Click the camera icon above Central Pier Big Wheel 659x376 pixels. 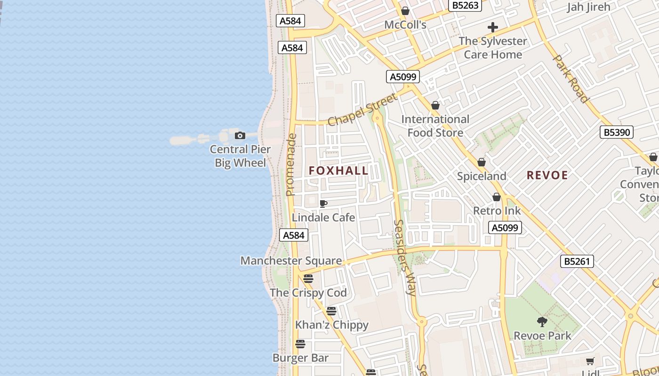[x=240, y=136]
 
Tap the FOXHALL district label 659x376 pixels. [x=339, y=171]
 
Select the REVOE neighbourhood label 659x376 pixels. [x=547, y=175]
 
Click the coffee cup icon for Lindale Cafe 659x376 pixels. [x=323, y=204]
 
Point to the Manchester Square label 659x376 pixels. [x=291, y=261]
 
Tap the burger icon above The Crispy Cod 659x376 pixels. [x=308, y=279]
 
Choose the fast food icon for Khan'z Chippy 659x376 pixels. [x=331, y=311]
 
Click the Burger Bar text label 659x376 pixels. [x=300, y=358]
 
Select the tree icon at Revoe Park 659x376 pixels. [x=542, y=322]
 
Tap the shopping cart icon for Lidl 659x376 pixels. [x=590, y=361]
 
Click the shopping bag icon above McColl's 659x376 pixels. [x=405, y=11]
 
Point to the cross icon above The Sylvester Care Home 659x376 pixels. [x=493, y=27]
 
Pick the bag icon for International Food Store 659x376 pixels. [x=435, y=105]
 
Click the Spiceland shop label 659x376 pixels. [x=482, y=176]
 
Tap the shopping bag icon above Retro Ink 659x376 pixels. [x=497, y=197]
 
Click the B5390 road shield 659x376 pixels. [x=617, y=133]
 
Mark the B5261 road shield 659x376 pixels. [x=577, y=261]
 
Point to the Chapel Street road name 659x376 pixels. [x=362, y=110]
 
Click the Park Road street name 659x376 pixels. [x=571, y=79]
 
